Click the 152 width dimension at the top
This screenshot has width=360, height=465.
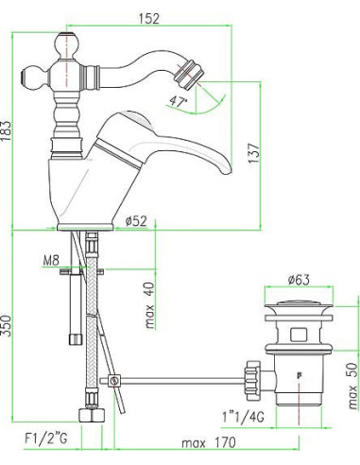click(149, 19)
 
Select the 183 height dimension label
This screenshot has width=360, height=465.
click(6, 130)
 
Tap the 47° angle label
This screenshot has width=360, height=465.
click(178, 101)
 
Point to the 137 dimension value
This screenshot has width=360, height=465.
click(254, 153)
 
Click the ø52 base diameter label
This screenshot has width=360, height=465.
click(136, 221)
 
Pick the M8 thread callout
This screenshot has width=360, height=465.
click(51, 261)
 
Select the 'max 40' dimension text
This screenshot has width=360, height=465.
click(150, 305)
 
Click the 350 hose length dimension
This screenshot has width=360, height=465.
click(6, 325)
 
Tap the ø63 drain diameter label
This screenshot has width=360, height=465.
click(299, 280)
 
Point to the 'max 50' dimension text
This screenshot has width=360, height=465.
click(353, 386)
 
